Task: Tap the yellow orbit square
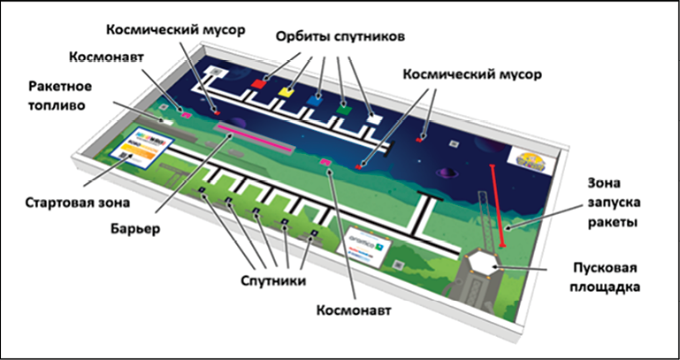(x=286, y=91)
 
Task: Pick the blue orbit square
(x=316, y=100)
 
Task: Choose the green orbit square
(x=344, y=109)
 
